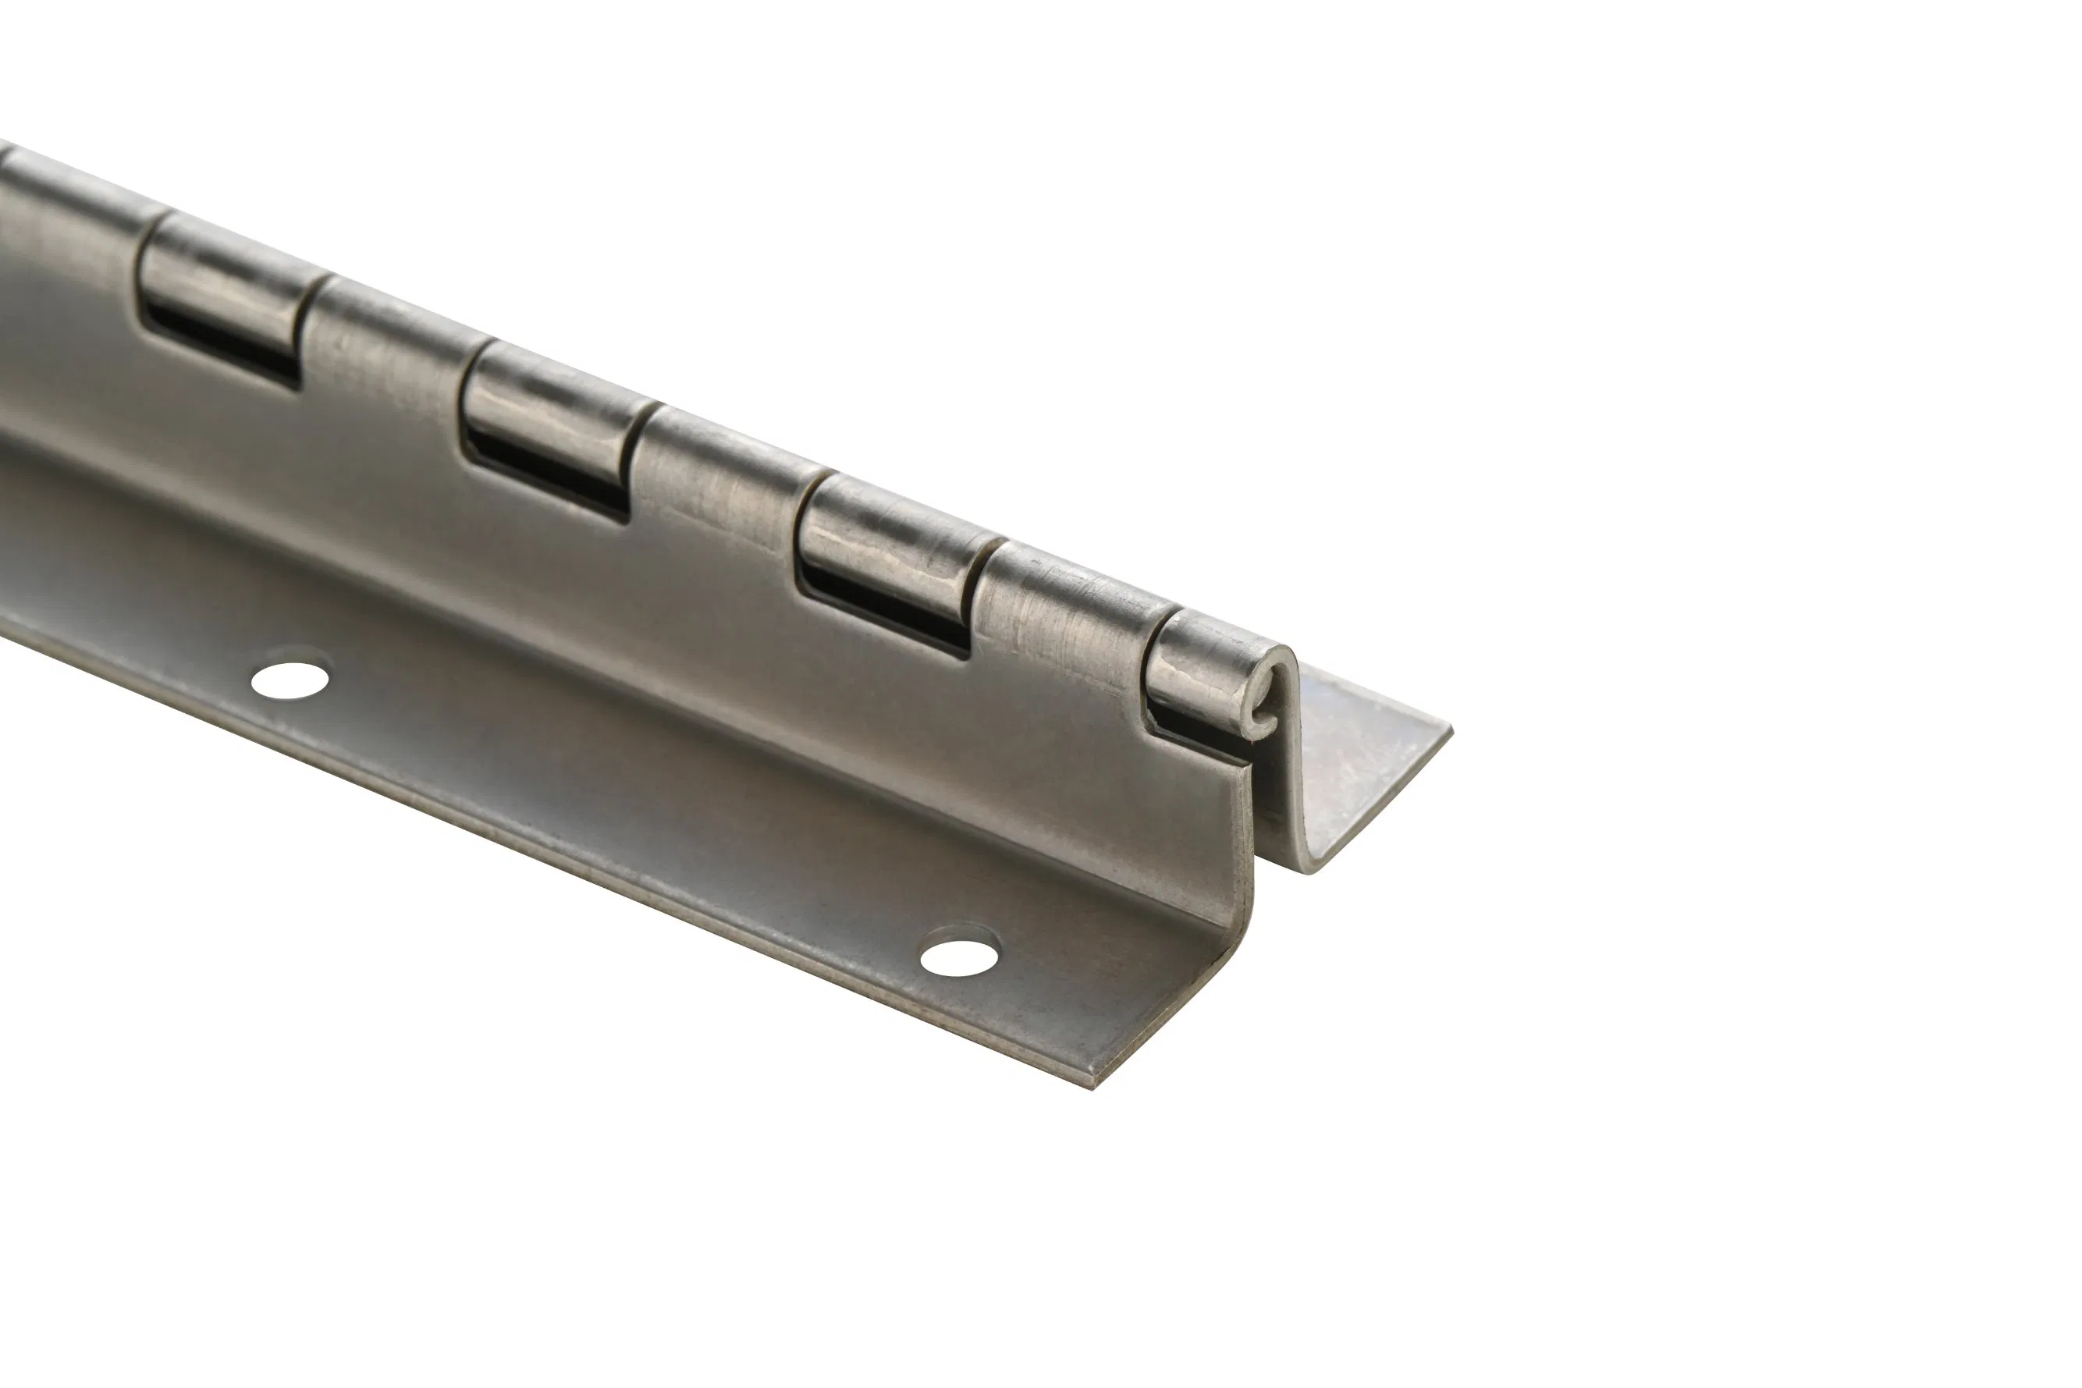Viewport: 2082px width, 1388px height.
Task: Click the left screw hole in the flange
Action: tap(290, 680)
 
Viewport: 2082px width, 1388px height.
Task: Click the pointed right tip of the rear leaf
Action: tap(1449, 729)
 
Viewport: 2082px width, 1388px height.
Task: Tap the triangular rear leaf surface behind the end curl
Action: tap(1355, 761)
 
